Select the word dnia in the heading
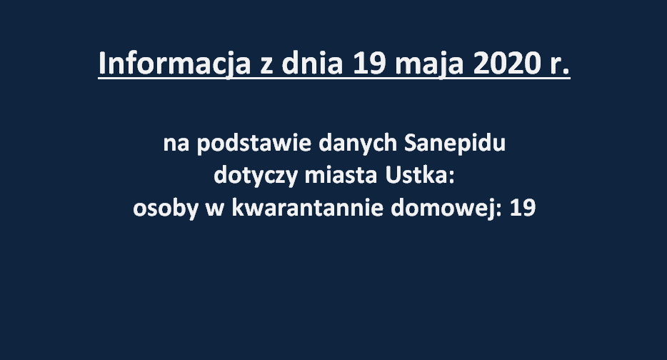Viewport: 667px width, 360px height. pos(313,64)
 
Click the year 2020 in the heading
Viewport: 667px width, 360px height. pos(503,64)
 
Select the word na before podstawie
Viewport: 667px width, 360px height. pos(176,145)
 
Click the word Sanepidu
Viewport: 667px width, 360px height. pos(455,144)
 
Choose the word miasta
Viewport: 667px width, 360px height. pos(341,175)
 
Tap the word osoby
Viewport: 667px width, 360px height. pos(166,209)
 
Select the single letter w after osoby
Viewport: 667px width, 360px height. pos(215,210)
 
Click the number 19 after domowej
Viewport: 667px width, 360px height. pos(522,209)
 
